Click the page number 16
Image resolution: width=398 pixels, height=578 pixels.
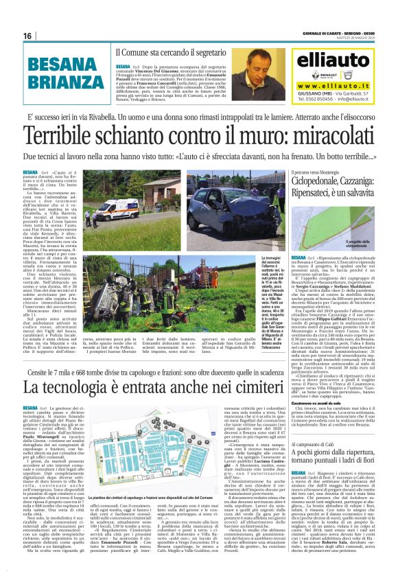pyautogui.click(x=27, y=36)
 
